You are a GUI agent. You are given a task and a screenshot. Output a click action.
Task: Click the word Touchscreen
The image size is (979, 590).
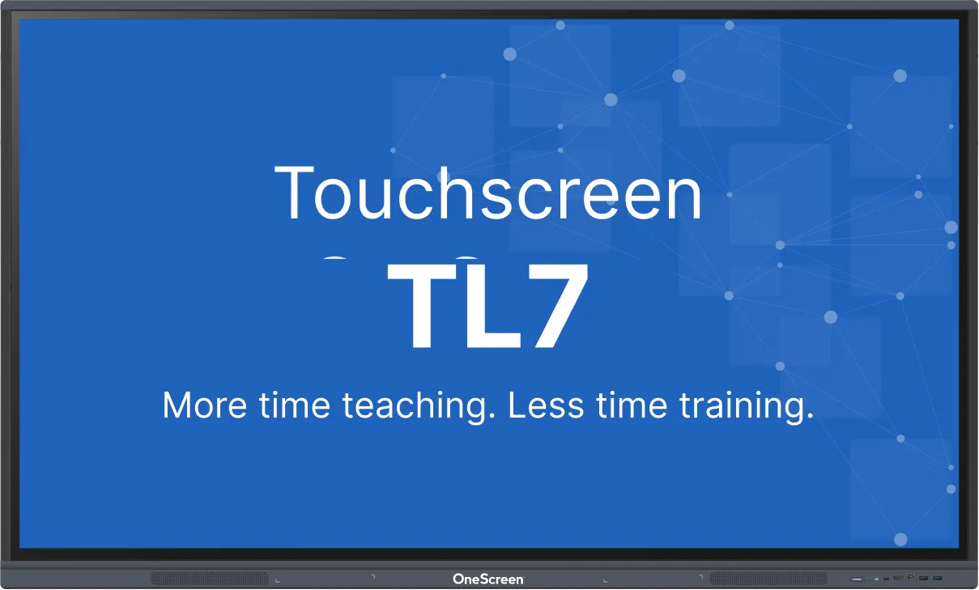click(487, 193)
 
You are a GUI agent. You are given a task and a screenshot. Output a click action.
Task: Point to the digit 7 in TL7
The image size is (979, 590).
click(557, 305)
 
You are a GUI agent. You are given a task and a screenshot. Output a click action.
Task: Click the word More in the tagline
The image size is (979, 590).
click(205, 405)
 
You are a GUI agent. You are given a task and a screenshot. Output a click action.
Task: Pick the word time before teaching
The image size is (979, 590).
click(294, 405)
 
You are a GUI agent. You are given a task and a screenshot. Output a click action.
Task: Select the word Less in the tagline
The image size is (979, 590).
click(546, 405)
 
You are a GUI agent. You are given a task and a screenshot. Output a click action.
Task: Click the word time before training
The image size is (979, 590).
click(632, 405)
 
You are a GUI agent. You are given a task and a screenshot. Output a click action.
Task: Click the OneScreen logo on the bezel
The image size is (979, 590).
click(488, 579)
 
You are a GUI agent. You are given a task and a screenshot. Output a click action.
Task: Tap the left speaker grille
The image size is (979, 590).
click(210, 579)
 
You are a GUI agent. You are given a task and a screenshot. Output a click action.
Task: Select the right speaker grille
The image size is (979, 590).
click(768, 579)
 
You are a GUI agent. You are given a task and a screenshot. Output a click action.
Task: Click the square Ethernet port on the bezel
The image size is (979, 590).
click(911, 576)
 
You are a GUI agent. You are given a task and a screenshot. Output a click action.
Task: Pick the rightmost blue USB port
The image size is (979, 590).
click(938, 578)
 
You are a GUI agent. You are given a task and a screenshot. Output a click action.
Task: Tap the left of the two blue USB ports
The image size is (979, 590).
click(923, 578)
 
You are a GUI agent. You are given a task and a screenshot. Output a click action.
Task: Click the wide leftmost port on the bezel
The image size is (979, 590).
click(857, 579)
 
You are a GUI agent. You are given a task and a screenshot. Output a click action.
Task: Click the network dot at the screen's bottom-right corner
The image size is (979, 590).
click(900, 540)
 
